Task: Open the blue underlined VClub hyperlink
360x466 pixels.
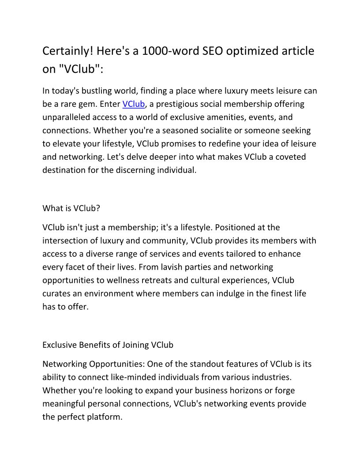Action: tap(133, 104)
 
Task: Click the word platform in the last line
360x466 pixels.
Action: tap(104, 417)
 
